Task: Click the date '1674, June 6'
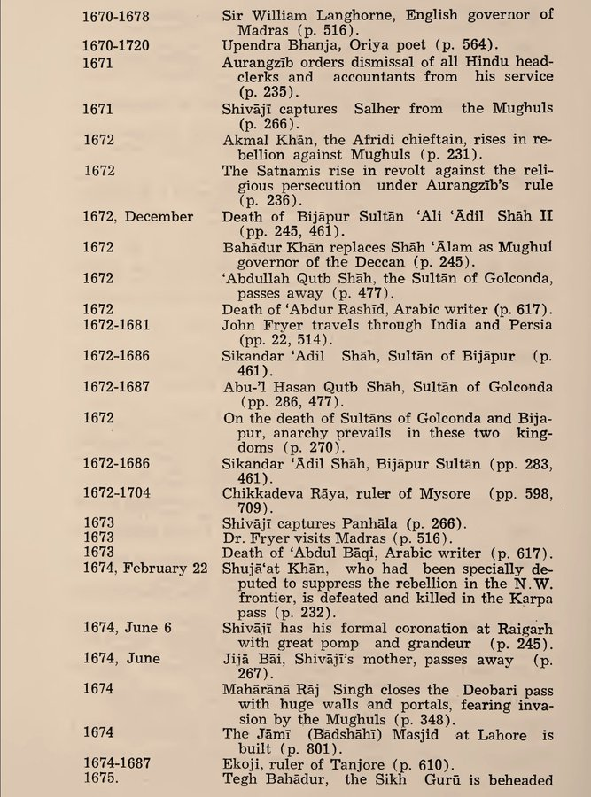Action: pyautogui.click(x=128, y=628)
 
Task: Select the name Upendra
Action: pyautogui.click(x=251, y=44)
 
